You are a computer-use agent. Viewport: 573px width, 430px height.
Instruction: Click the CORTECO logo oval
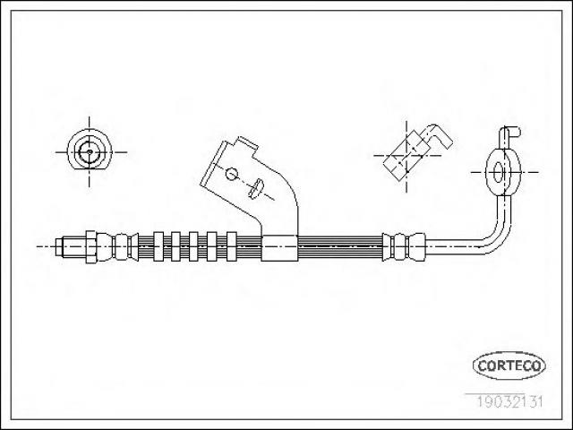509,365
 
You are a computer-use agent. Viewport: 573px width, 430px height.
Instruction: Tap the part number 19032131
509,402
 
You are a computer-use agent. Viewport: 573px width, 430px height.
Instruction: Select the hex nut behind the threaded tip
91,247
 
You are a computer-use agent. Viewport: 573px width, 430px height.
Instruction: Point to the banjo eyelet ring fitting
502,172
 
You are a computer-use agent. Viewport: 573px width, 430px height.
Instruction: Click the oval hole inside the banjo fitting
498,172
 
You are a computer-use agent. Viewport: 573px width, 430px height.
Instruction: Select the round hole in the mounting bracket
232,173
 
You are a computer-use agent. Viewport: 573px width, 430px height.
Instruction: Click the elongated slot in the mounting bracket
255,188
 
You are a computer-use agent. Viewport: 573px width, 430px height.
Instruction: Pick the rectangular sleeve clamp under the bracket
279,248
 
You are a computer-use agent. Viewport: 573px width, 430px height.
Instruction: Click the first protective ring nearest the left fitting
158,246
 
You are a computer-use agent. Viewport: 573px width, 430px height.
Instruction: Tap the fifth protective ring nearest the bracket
232,246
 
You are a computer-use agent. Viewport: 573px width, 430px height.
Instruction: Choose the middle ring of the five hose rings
193,246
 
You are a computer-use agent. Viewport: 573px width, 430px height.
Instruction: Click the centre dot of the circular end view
90,151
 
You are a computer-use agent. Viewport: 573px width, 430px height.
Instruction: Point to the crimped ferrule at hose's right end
404,246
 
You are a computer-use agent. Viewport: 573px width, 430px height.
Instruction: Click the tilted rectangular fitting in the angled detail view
406,155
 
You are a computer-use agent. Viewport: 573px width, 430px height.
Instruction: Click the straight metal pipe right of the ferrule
453,246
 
